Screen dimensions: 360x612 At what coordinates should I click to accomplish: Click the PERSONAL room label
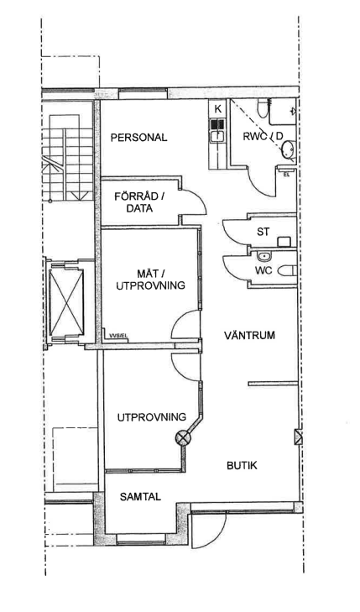[x=138, y=138]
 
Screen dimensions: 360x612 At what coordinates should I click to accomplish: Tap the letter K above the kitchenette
[x=217, y=109]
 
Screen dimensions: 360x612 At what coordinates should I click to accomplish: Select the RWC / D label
[x=263, y=137]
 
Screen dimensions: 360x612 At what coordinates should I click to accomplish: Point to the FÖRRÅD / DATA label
[x=139, y=202]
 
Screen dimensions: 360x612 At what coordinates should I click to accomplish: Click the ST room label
[x=263, y=232]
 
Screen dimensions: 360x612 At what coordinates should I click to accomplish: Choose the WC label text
[x=263, y=270]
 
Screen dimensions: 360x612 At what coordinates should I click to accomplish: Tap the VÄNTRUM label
[x=249, y=335]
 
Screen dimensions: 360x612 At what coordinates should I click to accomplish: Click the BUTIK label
[x=242, y=466]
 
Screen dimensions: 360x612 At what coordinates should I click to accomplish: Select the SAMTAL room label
[x=140, y=497]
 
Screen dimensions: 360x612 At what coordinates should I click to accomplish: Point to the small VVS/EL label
[x=118, y=335]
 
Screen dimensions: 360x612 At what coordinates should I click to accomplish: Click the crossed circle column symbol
[x=183, y=437]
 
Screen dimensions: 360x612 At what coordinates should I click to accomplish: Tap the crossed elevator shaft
[x=66, y=302]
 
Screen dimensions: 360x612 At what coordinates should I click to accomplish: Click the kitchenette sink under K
[x=217, y=136]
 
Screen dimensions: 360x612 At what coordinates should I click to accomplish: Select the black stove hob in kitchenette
[x=217, y=124]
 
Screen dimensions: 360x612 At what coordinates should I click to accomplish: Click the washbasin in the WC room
[x=265, y=256]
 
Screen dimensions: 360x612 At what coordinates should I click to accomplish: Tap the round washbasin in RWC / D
[x=288, y=150]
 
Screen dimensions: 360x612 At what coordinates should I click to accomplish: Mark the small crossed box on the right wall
[x=299, y=437]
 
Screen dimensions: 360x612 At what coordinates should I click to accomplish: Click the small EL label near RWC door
[x=286, y=175]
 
